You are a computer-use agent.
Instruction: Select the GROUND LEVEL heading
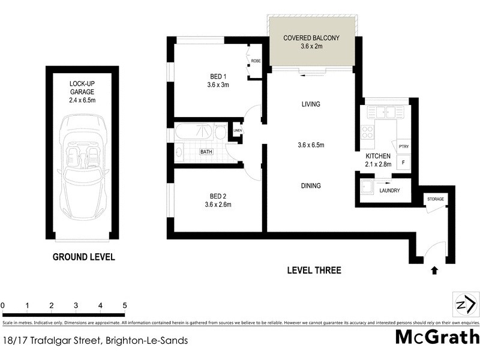83,257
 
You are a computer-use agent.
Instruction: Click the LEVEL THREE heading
314,271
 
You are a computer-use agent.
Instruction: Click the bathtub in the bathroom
194,132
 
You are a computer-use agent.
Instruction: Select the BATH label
206,152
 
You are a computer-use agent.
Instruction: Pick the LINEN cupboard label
238,131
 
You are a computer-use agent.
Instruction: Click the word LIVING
311,104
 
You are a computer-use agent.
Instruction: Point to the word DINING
311,186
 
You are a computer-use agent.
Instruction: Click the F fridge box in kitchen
403,162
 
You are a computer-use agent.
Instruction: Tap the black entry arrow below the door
434,271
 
